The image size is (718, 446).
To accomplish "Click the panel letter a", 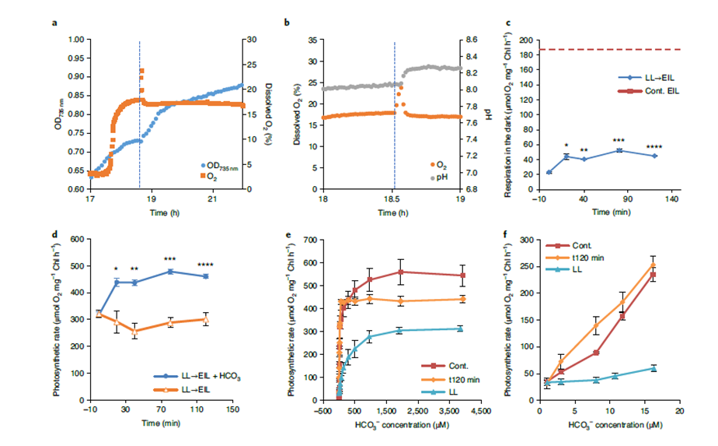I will point(54,23).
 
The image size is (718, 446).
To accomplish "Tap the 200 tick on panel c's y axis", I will point(529,39).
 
